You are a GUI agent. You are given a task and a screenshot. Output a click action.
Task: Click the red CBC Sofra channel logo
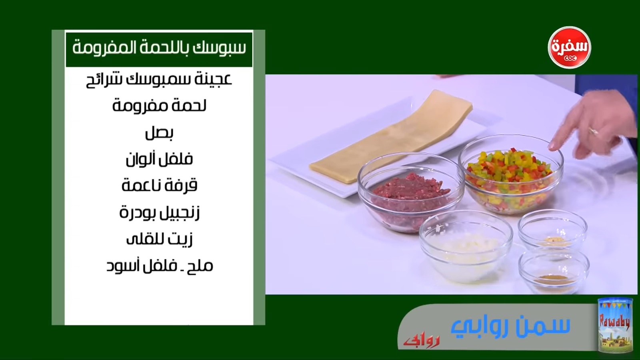coord(569,48)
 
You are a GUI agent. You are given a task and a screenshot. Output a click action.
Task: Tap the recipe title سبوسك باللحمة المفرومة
coord(159,48)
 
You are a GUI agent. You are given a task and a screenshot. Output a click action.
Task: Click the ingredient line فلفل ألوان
coord(159,159)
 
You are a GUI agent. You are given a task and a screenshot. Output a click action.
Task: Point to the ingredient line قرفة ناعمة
coord(160,185)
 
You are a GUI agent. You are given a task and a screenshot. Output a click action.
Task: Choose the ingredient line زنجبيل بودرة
coord(160,213)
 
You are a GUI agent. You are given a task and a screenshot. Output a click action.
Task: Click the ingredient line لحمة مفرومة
coord(159,106)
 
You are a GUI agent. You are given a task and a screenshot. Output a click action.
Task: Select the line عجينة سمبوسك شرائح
coord(159,80)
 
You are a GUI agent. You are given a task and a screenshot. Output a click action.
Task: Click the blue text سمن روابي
coord(510,326)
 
